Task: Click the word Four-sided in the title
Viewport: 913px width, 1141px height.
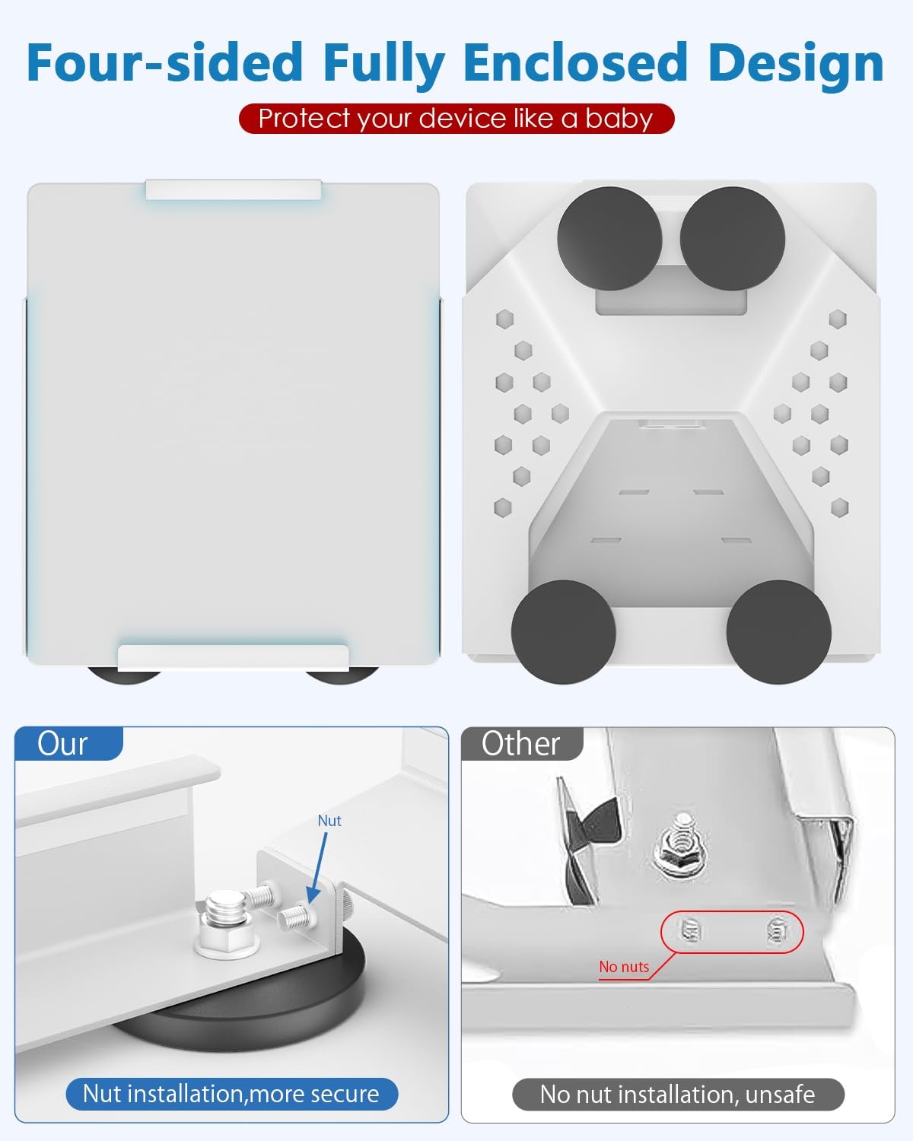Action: click(x=164, y=62)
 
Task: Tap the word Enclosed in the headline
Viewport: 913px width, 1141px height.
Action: click(x=575, y=62)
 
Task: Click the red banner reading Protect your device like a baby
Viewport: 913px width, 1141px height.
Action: click(x=456, y=118)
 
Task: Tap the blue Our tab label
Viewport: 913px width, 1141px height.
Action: click(x=62, y=743)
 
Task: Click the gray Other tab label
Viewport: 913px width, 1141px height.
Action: click(x=520, y=743)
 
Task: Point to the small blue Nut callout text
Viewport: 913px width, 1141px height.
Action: click(x=329, y=821)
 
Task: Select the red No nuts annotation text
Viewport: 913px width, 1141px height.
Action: click(x=624, y=967)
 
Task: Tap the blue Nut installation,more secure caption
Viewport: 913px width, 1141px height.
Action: click(x=231, y=1094)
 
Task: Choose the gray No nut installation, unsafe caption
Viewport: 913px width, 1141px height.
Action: click(x=677, y=1095)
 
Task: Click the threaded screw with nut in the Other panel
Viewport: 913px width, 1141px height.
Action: click(x=681, y=847)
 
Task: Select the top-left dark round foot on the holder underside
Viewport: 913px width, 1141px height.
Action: click(x=609, y=239)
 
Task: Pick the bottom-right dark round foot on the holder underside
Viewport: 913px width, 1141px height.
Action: click(x=778, y=632)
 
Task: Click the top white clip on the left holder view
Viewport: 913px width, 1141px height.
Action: click(x=234, y=190)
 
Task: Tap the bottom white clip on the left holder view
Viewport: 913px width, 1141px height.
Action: click(x=234, y=658)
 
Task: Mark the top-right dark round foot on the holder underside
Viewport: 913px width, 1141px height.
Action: click(x=732, y=239)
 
